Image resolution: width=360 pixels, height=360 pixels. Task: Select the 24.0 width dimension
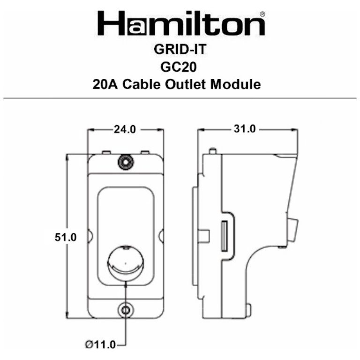(x=125, y=129)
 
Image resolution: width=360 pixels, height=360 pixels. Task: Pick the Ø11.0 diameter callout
(x=100, y=345)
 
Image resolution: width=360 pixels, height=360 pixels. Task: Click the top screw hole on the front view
(x=126, y=162)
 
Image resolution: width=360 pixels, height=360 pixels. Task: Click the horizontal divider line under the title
(x=180, y=98)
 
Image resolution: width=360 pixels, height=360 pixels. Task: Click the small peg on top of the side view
(x=213, y=151)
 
